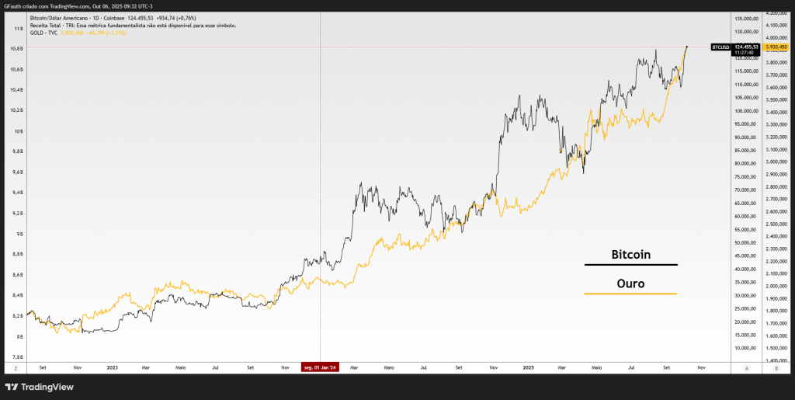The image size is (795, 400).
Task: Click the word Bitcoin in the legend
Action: [x=630, y=255]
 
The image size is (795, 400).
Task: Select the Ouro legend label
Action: [x=630, y=283]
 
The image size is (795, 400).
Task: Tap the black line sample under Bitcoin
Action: [x=630, y=266]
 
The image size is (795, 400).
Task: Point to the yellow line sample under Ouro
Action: [x=630, y=294]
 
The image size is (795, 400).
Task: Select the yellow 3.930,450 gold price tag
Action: [x=777, y=47]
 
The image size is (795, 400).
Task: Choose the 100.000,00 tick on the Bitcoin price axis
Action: [x=746, y=111]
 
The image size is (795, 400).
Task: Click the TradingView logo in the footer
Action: [x=34, y=386]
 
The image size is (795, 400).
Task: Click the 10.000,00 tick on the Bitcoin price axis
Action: [x=746, y=348]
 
